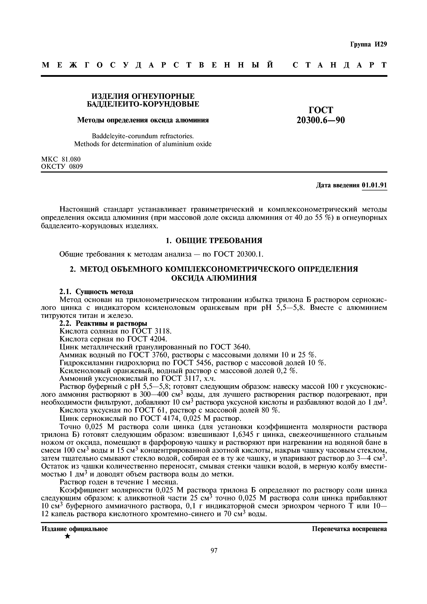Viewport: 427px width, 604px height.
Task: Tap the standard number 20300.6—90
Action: point(320,120)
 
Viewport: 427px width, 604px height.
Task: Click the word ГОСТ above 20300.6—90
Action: point(320,110)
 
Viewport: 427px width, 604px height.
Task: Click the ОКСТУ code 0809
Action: point(76,166)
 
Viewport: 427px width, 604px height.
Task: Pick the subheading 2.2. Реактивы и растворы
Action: point(103,323)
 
